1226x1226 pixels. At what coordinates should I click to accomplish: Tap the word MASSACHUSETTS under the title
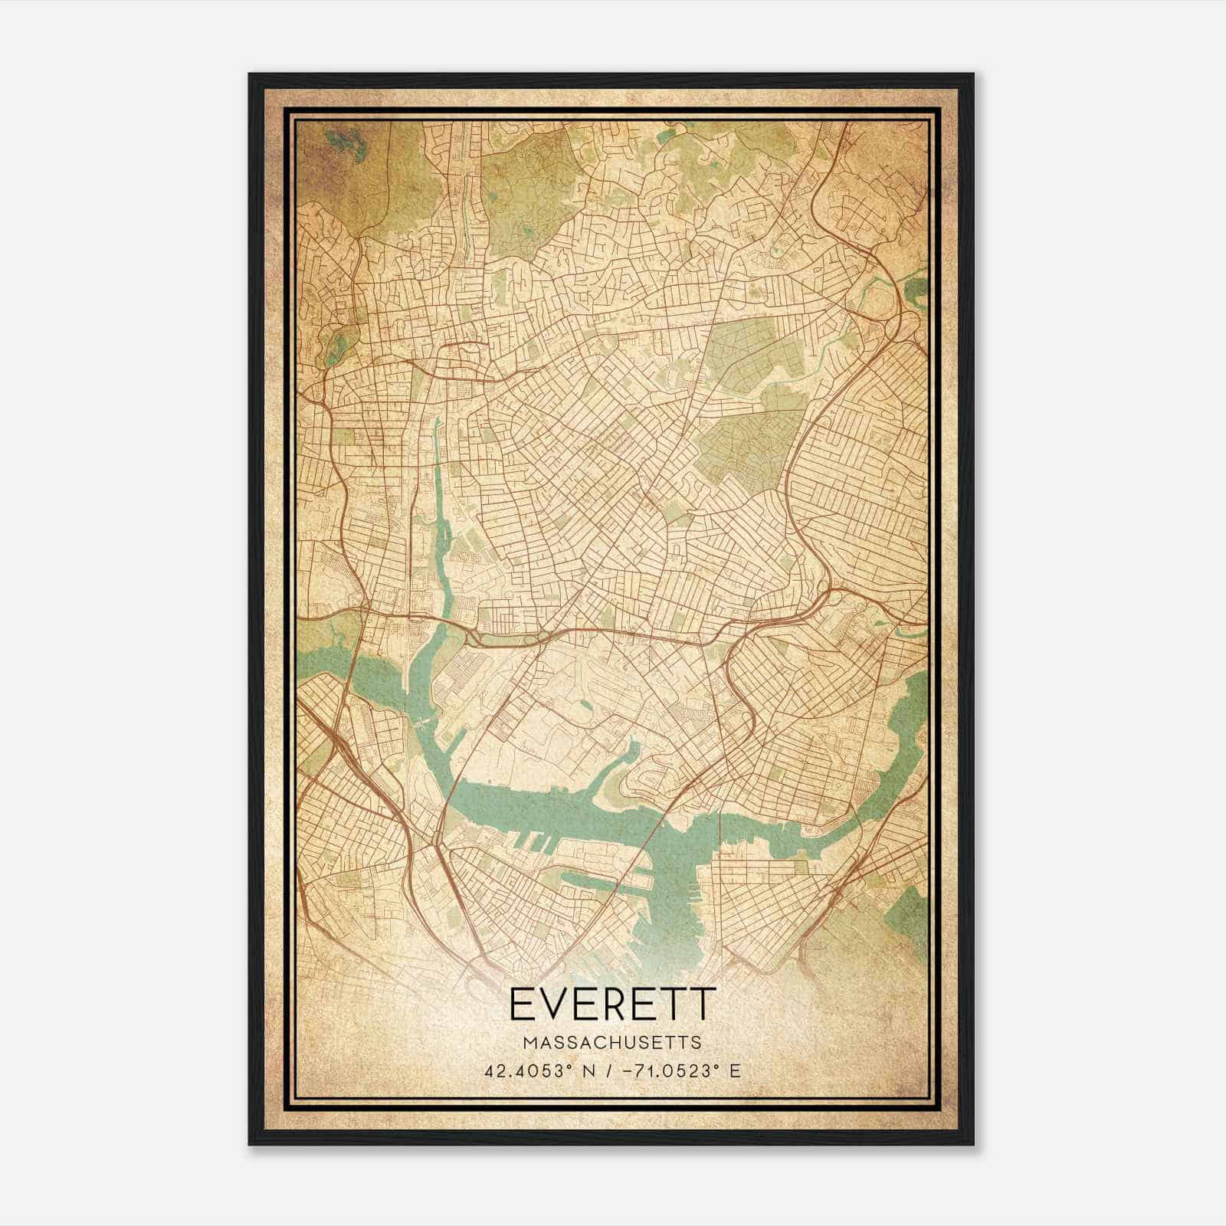coord(612,1043)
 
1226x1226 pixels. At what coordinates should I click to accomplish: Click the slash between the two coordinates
coord(608,1070)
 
